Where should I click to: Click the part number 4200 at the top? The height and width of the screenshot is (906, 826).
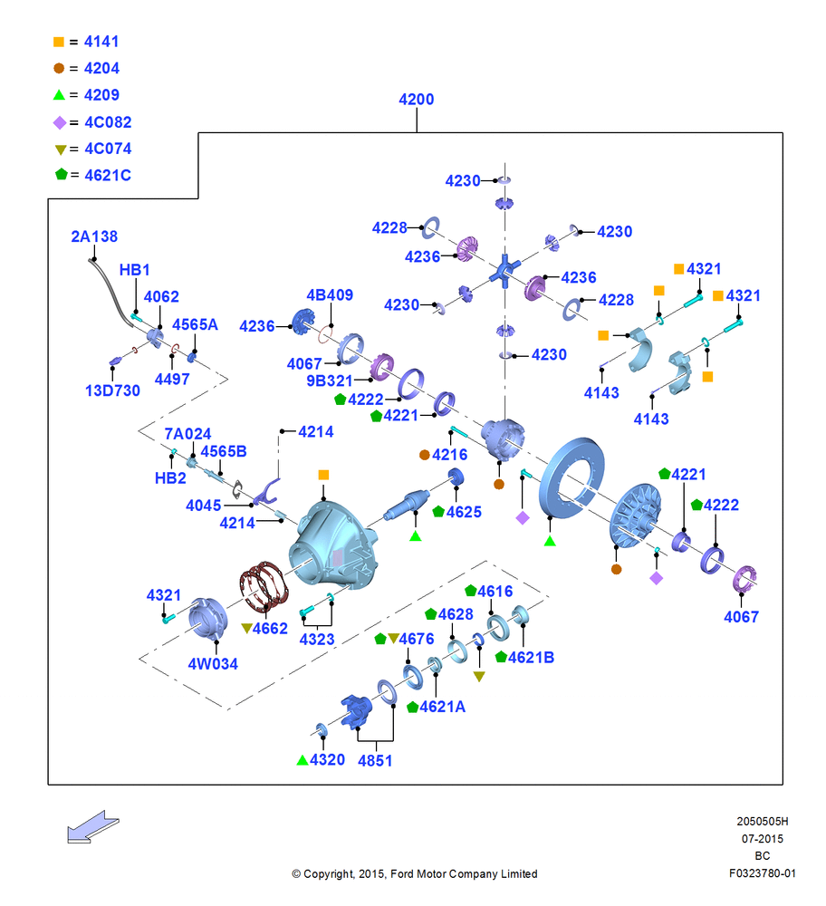[416, 100]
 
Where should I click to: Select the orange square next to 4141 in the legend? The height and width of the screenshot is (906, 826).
[58, 42]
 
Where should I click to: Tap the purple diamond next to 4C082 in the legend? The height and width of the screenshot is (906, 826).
[60, 122]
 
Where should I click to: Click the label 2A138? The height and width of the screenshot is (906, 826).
[94, 236]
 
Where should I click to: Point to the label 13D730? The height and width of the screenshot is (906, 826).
[112, 390]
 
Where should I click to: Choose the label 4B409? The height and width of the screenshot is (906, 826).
[330, 294]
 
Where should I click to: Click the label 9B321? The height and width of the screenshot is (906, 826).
[330, 381]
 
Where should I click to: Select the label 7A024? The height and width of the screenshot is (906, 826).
[187, 433]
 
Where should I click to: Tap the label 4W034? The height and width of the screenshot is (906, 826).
[213, 664]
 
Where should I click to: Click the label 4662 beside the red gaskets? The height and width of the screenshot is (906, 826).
[270, 629]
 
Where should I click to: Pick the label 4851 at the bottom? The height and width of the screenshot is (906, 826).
[375, 760]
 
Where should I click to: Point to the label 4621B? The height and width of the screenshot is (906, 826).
[531, 658]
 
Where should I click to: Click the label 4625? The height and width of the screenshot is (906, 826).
[464, 512]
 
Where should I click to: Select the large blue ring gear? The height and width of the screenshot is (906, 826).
[571, 477]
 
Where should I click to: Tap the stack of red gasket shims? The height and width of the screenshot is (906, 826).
[264, 586]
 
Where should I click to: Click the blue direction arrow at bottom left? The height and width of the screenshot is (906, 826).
[92, 826]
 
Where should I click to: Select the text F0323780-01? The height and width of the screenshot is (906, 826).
[762, 873]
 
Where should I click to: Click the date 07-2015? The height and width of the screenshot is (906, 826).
[763, 838]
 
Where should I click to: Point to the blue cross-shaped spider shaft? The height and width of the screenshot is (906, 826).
[504, 270]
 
